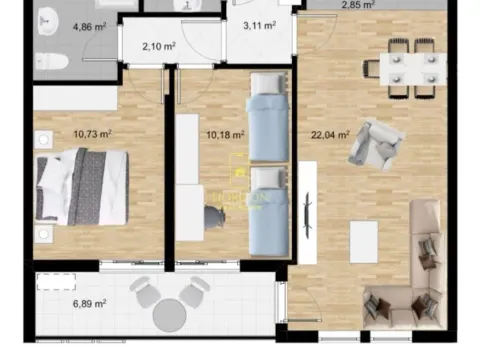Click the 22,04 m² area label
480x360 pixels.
(x=329, y=135)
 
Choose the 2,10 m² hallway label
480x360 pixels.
(x=159, y=46)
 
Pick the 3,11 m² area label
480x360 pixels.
(x=259, y=27)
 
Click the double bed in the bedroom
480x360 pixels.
(x=82, y=186)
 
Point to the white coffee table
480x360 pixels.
(x=363, y=241)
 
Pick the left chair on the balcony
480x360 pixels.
(x=146, y=292)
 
